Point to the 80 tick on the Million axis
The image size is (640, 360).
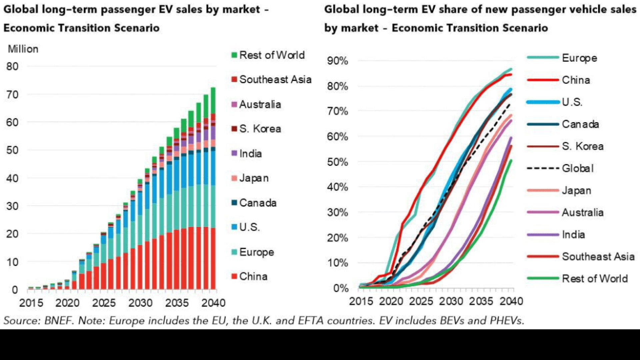[x=12, y=66]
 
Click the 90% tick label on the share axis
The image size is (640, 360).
[x=338, y=61]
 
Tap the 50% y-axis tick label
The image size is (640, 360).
[x=338, y=162]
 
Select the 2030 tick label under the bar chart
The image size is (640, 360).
[x=140, y=303]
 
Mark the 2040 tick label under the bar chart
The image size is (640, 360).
[x=213, y=303]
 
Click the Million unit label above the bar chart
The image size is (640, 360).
[x=23, y=49]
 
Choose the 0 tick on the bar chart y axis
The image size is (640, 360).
[x=15, y=290]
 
